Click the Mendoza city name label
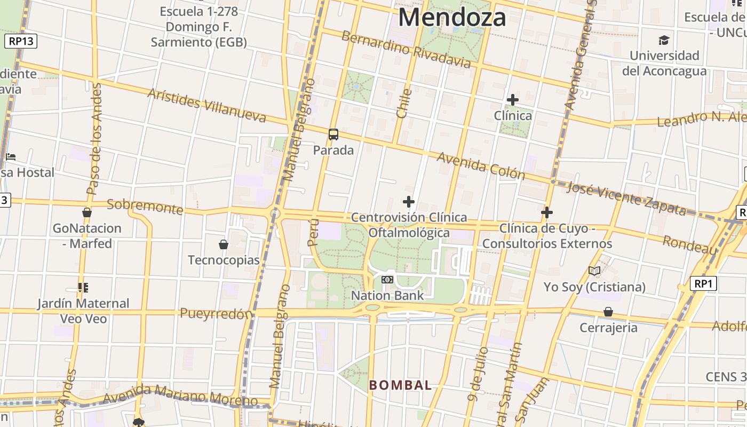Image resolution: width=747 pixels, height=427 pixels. [451, 17]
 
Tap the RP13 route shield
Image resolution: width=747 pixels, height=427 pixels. [20, 41]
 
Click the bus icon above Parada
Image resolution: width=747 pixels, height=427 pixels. [333, 135]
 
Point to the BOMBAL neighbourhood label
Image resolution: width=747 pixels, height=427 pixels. [400, 385]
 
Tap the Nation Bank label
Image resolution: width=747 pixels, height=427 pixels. [387, 295]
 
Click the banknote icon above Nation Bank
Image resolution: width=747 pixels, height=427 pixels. [387, 279]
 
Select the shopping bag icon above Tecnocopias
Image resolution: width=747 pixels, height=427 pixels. [224, 244]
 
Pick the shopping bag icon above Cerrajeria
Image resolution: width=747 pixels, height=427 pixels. [608, 312]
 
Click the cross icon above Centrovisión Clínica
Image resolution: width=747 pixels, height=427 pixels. [409, 202]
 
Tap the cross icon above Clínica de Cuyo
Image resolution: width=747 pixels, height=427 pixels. [546, 212]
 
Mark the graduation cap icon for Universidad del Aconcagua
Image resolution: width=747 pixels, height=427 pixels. [664, 40]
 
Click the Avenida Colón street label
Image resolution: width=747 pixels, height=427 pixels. [481, 166]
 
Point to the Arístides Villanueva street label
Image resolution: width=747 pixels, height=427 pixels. [206, 105]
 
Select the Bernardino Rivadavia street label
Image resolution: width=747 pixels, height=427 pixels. [407, 50]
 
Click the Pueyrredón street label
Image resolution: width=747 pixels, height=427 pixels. [216, 313]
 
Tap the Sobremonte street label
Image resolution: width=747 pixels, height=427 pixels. [145, 206]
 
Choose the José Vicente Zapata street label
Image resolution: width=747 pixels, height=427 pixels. [626, 198]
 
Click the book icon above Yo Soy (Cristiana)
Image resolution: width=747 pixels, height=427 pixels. [594, 271]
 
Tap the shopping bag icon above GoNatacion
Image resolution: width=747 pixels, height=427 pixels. [87, 212]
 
